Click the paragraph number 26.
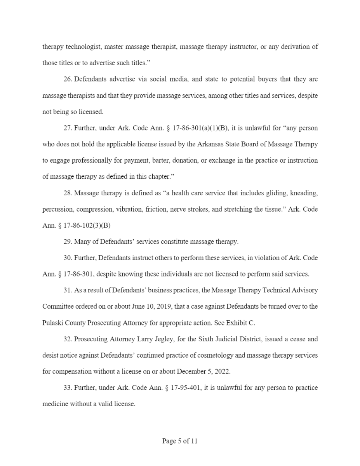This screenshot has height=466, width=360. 68,79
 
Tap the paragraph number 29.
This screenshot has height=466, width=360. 68,242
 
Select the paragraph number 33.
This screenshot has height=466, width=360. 68,388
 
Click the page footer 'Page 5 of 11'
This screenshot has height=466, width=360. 180,441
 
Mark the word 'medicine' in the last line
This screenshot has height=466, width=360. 54,404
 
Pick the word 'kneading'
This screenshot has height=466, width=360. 304,193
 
